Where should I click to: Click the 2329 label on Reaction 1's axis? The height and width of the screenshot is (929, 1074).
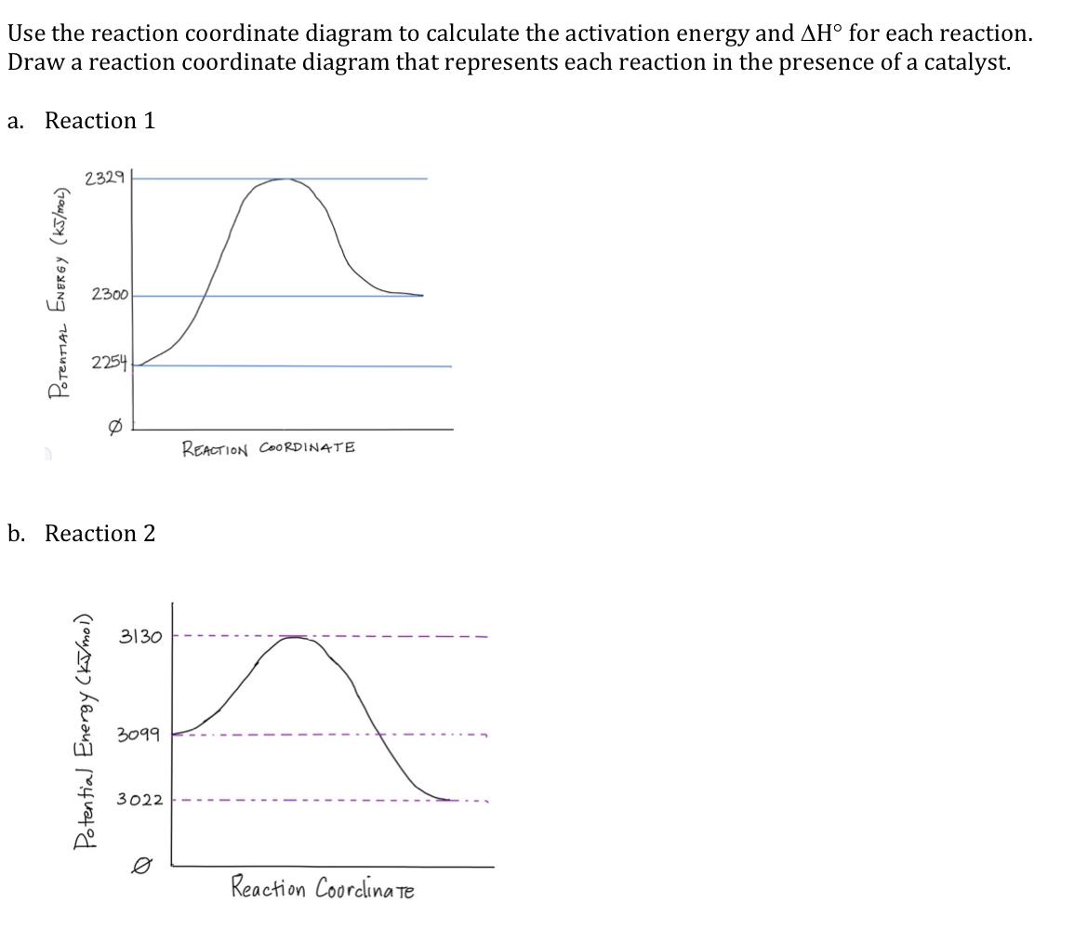104,179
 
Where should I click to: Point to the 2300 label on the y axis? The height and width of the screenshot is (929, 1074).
110,295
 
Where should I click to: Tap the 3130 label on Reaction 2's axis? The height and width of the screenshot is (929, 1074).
140,637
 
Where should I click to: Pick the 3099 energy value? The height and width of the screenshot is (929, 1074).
139,736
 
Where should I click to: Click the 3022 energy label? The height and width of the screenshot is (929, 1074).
139,800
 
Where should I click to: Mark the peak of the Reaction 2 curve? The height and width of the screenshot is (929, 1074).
294,637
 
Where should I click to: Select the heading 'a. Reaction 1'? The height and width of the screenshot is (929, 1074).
81,121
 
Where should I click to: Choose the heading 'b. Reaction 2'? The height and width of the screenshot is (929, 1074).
81,534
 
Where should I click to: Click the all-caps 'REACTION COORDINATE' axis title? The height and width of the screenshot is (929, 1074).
269,449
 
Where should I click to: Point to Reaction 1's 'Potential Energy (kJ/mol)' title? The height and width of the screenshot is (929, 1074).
61,292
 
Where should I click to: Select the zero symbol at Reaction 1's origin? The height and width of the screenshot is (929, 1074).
115,423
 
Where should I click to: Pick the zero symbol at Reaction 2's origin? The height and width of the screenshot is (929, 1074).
139,865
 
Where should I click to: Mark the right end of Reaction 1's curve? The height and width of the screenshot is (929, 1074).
421,295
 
